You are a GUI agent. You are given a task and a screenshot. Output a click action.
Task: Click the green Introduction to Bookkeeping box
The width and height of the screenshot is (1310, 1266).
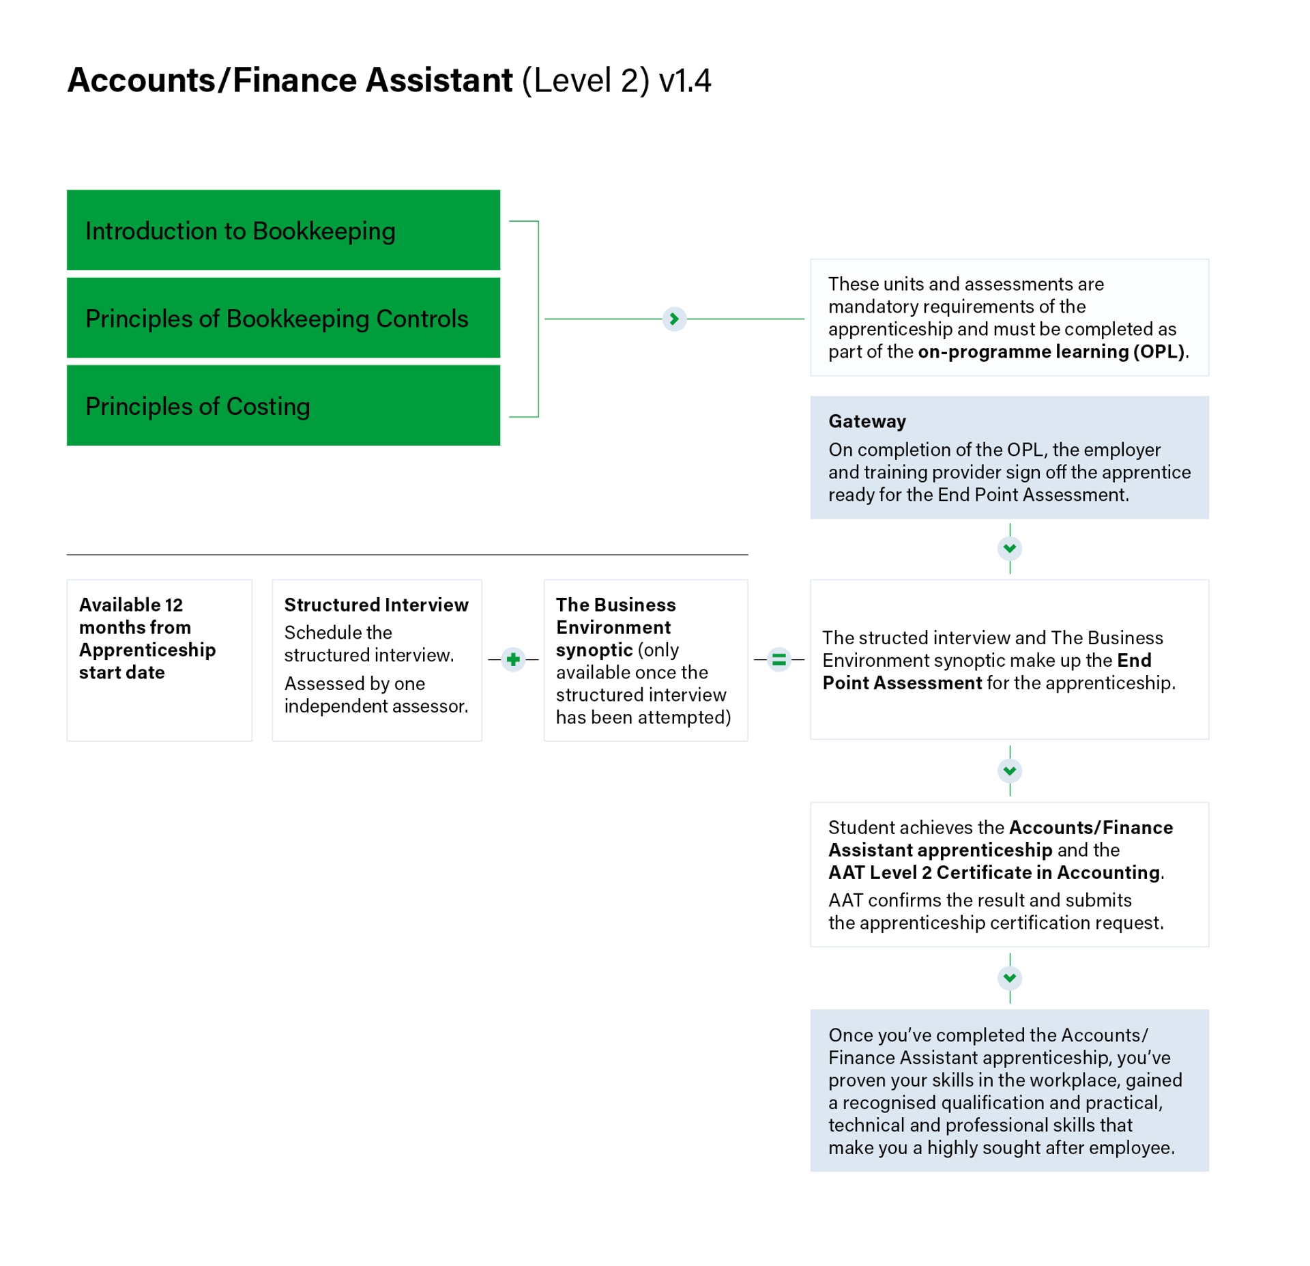(x=283, y=230)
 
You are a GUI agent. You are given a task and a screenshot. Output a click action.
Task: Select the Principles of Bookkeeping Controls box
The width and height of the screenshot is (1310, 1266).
(x=283, y=317)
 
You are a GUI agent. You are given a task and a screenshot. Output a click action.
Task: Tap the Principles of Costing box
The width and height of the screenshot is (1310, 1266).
(x=283, y=405)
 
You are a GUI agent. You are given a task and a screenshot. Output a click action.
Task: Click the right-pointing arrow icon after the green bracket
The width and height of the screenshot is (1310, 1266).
(x=673, y=319)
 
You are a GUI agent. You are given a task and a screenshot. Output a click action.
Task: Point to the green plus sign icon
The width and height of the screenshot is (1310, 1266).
(x=513, y=659)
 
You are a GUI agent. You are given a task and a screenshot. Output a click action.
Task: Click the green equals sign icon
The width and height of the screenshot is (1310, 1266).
(x=778, y=659)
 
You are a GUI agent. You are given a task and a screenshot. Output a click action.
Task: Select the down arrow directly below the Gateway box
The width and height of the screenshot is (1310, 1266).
(x=1009, y=548)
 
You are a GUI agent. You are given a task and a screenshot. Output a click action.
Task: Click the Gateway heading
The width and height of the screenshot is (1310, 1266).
(x=867, y=421)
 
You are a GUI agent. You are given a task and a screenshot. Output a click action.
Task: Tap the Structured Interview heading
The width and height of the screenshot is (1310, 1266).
(x=376, y=605)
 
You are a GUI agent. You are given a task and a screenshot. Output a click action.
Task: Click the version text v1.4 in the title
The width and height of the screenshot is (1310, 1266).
(x=684, y=81)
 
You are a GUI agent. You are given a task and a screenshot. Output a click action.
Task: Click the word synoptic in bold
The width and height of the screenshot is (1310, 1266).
(x=594, y=650)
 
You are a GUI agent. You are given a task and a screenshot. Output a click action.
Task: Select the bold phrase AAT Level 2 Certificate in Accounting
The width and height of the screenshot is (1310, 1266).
(x=993, y=872)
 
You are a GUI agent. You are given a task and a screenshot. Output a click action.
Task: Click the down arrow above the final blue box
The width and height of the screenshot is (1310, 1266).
(x=1009, y=977)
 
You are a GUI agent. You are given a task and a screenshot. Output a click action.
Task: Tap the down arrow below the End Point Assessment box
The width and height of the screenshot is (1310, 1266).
(x=1009, y=771)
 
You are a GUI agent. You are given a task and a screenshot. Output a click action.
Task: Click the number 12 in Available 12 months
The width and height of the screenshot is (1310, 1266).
(x=173, y=605)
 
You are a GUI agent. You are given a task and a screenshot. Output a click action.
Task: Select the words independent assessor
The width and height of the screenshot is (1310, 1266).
(x=375, y=706)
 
